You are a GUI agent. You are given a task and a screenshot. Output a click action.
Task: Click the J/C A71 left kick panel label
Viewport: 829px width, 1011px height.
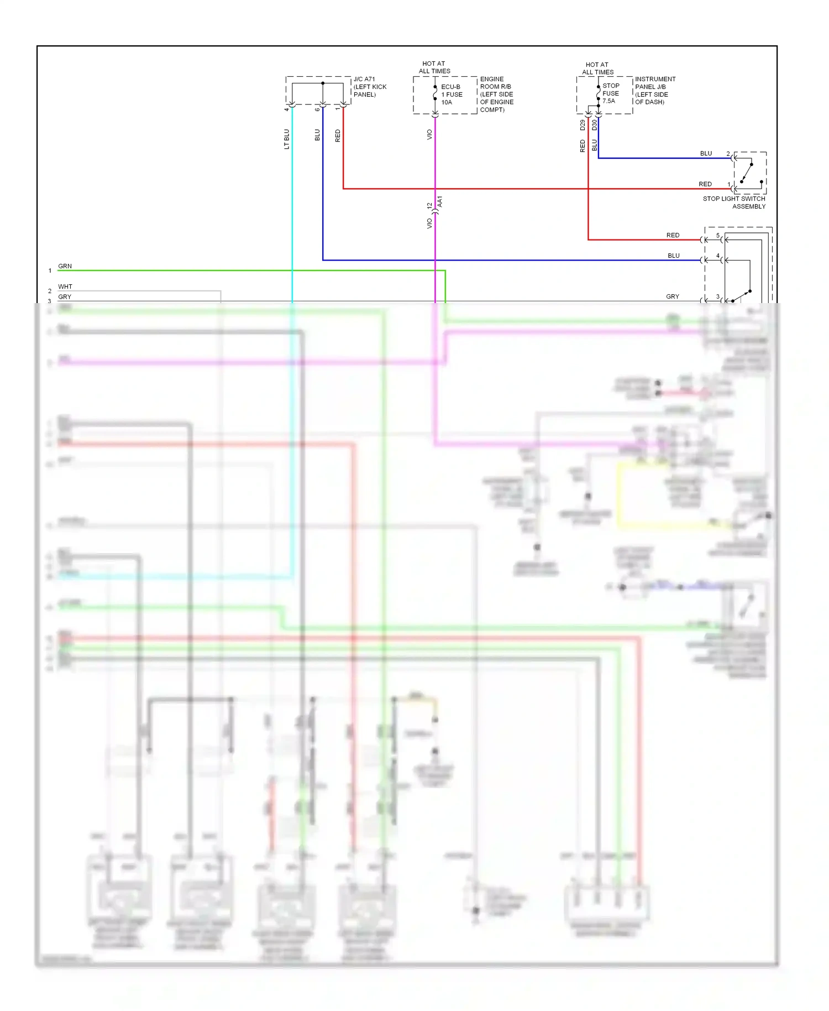pyautogui.click(x=370, y=87)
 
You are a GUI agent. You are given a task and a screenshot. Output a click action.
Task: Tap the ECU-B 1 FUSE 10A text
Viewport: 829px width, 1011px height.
pyautogui.click(x=451, y=95)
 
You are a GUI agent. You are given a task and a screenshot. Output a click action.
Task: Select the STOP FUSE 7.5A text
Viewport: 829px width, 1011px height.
pyautogui.click(x=610, y=93)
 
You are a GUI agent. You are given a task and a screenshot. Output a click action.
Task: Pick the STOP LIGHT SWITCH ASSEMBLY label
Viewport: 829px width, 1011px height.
pyautogui.click(x=734, y=202)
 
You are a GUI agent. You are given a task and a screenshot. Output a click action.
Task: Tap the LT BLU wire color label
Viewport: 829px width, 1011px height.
pyautogui.click(x=286, y=139)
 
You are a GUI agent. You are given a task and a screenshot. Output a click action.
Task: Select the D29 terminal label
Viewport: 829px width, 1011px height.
pyautogui.click(x=583, y=125)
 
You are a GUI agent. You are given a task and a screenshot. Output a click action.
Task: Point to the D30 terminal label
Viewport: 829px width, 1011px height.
pyautogui.click(x=595, y=125)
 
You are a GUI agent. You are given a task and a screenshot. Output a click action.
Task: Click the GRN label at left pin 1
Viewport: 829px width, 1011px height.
pyautogui.click(x=65, y=266)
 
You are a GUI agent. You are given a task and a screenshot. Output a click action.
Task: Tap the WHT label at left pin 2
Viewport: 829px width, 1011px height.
pyautogui.click(x=65, y=286)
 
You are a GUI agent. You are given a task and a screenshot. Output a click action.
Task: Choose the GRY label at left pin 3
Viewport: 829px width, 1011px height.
pyautogui.click(x=65, y=297)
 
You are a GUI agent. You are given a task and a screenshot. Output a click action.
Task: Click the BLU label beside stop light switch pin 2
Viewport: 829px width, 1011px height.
pyautogui.click(x=706, y=153)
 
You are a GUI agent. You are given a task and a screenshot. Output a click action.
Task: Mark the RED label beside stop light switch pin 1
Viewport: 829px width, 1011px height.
pyautogui.click(x=705, y=184)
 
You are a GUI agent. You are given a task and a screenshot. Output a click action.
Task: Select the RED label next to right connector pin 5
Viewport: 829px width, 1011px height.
pyautogui.click(x=673, y=235)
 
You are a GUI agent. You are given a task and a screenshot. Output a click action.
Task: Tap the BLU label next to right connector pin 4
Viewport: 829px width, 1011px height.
pyautogui.click(x=673, y=256)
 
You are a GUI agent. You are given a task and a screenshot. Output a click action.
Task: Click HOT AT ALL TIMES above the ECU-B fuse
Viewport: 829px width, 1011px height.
pyautogui.click(x=434, y=67)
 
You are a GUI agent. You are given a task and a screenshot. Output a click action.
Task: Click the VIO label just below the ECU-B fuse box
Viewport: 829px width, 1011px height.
pyautogui.click(x=429, y=134)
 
